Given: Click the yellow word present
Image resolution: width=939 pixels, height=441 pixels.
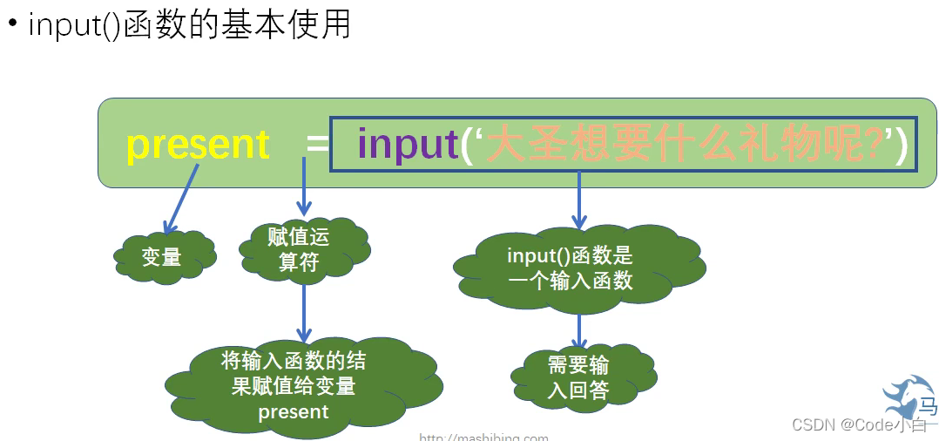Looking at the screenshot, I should click(x=199, y=144).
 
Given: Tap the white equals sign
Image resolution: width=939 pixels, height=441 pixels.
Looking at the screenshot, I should click(x=318, y=145).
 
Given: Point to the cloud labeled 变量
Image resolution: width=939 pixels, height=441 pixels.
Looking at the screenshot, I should click(x=163, y=256).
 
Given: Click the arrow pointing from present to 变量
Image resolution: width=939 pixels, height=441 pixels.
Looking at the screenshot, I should click(x=181, y=200).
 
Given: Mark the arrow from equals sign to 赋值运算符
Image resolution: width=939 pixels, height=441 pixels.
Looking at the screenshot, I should click(x=304, y=187).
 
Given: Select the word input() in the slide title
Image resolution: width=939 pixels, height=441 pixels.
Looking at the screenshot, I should click(x=75, y=24).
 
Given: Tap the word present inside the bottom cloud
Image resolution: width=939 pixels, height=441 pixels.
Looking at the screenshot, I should click(x=294, y=411).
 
